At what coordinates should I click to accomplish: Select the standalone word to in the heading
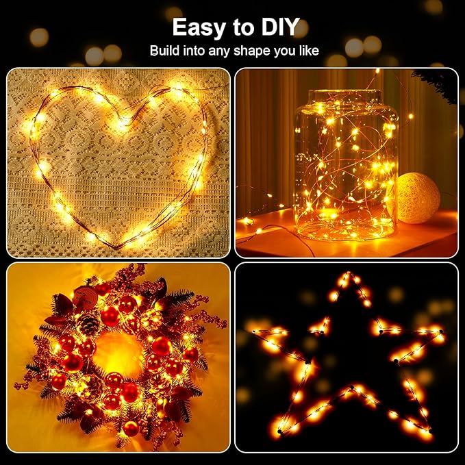point(240,27)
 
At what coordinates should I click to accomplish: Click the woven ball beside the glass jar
point(418,197)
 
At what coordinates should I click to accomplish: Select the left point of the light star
point(252,332)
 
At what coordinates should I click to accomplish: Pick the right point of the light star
point(442,336)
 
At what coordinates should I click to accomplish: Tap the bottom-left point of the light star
point(279,432)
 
